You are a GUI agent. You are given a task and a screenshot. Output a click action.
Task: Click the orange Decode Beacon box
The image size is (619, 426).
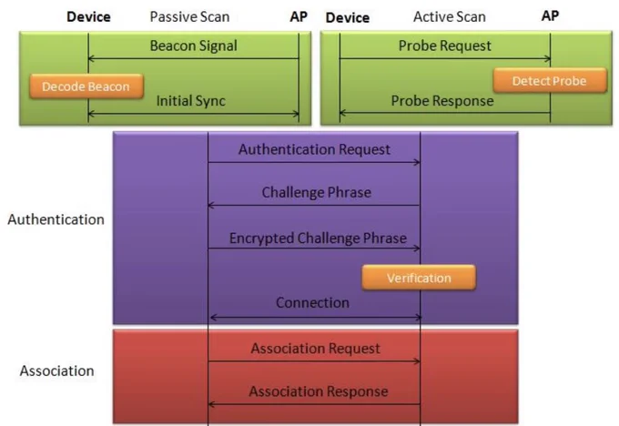[86, 86]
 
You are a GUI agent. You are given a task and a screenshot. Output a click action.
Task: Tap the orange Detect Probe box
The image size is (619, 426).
[550, 80]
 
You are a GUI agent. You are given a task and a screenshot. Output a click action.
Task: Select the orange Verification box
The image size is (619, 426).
[419, 278]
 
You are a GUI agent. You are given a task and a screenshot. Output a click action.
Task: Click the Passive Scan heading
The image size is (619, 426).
[189, 16]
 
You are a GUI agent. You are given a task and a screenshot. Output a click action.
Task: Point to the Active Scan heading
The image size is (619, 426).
[450, 16]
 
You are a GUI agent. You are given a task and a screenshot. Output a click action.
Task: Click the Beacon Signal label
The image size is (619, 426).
[193, 46]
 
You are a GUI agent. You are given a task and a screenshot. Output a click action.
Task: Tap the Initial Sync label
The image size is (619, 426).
[190, 101]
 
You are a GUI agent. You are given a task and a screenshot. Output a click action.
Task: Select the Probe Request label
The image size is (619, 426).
[445, 46]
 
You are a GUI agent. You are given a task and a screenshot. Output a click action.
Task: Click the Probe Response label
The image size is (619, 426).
[442, 101]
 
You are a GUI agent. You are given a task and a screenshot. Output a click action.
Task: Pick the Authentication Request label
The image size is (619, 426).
[314, 149]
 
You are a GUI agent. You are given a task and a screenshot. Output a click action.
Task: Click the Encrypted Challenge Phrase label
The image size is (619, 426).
[318, 238]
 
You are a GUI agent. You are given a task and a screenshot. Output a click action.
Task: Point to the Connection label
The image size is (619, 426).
[312, 303]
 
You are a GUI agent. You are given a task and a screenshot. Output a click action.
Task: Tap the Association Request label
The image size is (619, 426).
[316, 349]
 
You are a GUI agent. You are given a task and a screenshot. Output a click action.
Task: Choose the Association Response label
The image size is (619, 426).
[319, 391]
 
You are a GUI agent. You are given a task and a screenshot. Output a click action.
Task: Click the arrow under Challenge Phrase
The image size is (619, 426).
[314, 206]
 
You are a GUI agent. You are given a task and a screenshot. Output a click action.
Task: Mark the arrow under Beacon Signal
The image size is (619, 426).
[193, 59]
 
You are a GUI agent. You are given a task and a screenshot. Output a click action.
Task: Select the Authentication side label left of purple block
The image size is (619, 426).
[56, 219]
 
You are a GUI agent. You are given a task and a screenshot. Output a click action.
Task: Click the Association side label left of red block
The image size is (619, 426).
[56, 371]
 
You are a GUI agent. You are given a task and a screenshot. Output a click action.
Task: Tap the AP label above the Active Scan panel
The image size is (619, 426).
[551, 15]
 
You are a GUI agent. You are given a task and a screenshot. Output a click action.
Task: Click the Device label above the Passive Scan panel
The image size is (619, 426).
[88, 17]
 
